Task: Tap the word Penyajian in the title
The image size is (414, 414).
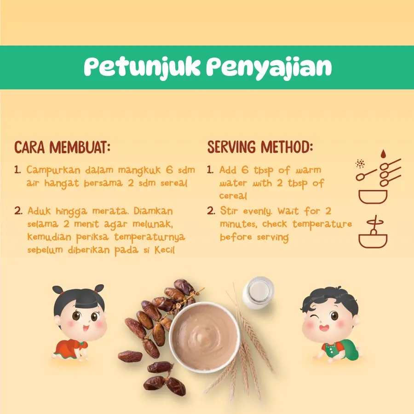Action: [x=269, y=68]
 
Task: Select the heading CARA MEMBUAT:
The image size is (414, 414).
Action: [x=62, y=147]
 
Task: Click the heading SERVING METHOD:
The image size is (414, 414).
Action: [x=260, y=147]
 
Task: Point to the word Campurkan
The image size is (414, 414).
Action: [x=53, y=170]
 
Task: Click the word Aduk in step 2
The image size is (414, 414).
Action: [x=39, y=211]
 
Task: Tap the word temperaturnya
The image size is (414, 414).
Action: [x=149, y=237]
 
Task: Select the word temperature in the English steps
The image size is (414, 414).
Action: [x=322, y=224]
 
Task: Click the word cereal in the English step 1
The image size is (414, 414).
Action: [x=233, y=195]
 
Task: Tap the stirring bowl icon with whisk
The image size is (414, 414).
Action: [x=373, y=232]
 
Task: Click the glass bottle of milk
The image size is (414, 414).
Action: [x=258, y=293]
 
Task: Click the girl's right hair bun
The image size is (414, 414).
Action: [x=99, y=289]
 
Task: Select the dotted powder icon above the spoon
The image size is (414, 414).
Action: [x=360, y=164]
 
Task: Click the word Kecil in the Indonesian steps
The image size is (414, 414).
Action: [x=164, y=249]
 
